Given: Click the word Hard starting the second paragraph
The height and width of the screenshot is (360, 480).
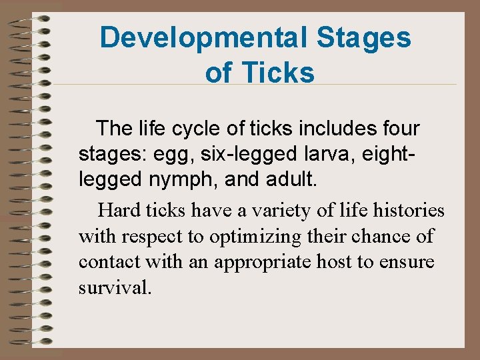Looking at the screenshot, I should (x=120, y=211).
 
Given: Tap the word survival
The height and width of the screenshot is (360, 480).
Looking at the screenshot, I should (x=114, y=288).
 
